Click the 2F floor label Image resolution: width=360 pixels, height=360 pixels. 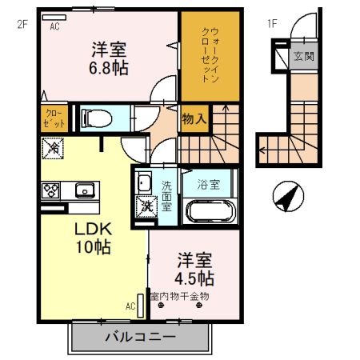pyautogui.click(x=22, y=23)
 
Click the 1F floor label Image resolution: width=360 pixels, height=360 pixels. pyautogui.click(x=272, y=23)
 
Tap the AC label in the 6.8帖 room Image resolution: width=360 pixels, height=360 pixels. pyautogui.click(x=55, y=26)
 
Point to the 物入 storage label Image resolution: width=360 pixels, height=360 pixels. pyautogui.click(x=194, y=119)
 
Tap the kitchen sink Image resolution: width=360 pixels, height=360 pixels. pyautogui.click(x=83, y=190)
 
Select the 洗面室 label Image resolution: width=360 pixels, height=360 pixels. pyautogui.click(x=166, y=193)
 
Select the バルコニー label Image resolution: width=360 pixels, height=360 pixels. pyautogui.click(x=139, y=337)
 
